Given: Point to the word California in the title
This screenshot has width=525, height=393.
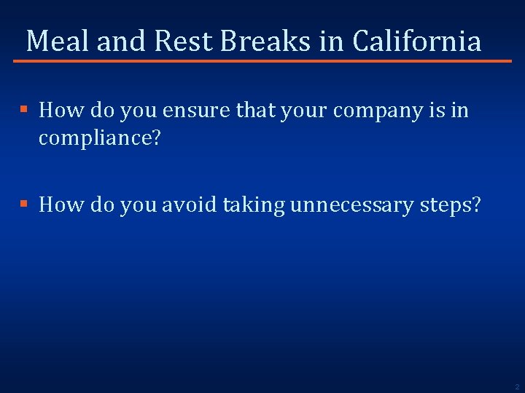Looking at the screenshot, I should (416, 41).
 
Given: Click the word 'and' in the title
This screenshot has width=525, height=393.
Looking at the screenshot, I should (122, 41).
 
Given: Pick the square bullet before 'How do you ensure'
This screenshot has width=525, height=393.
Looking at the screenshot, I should (23, 110).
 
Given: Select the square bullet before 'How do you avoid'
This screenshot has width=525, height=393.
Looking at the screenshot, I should (23, 205).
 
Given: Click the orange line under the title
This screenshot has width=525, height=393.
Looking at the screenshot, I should (262, 61).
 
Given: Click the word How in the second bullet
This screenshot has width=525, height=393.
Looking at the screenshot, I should (58, 206).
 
